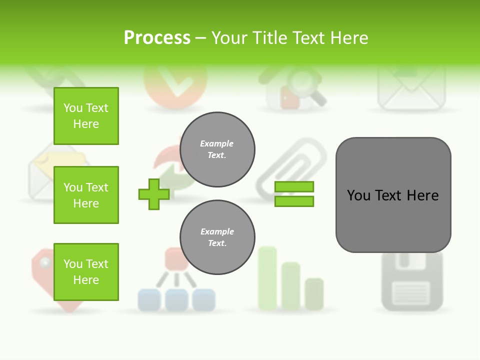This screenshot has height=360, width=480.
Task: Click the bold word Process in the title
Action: point(157,38)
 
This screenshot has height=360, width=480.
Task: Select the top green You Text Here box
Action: point(86,116)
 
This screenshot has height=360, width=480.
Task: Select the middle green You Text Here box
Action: point(86,195)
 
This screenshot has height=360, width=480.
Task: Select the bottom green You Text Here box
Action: point(86,272)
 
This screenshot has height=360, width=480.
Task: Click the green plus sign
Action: point(154,194)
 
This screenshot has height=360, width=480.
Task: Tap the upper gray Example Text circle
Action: point(217,149)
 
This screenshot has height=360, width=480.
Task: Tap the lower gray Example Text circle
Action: point(217,237)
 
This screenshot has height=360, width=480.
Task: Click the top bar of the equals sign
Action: point(294,187)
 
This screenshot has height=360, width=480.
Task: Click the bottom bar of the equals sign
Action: point(294,201)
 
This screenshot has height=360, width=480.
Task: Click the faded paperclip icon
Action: point(290,167)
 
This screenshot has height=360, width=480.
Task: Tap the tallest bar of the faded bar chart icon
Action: point(267,277)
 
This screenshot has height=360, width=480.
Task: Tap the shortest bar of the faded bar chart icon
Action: point(314,293)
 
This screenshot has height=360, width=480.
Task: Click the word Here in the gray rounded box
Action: point(422,195)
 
